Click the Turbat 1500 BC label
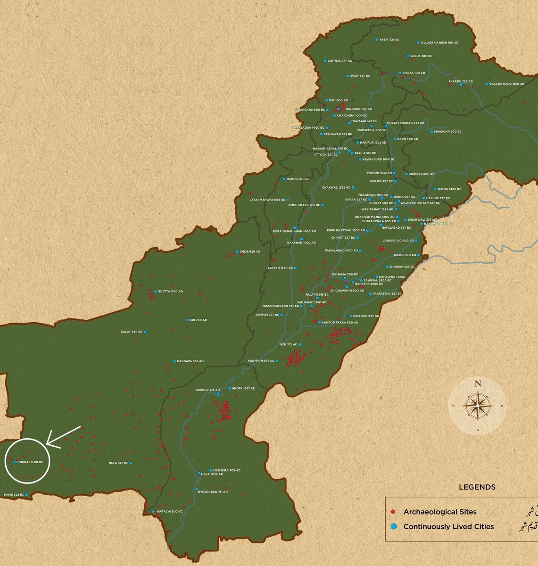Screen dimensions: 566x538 click(x=31, y=462)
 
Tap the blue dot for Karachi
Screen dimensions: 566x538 click(x=153, y=512)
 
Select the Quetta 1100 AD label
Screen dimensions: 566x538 click(x=170, y=291)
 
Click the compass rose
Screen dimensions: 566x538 click(x=478, y=406)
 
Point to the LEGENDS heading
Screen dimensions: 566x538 click(x=477, y=487)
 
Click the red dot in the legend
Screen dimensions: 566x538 click(x=393, y=512)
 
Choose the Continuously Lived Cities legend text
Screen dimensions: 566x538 click(x=448, y=526)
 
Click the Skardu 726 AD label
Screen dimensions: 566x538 click(x=461, y=81)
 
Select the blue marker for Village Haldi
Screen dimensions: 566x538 click(x=487, y=84)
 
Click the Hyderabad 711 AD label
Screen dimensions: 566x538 click(x=213, y=491)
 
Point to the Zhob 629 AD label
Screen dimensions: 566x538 click(x=250, y=251)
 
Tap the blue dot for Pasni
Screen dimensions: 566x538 click(x=27, y=494)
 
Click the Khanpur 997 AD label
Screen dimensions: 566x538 click(x=261, y=361)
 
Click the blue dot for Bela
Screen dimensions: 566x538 click(x=131, y=463)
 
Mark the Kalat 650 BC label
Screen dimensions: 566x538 click(x=132, y=332)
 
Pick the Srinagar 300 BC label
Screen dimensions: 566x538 click(x=447, y=132)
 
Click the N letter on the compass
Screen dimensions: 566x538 click(x=478, y=383)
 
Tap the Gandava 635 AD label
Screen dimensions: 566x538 click(x=190, y=361)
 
